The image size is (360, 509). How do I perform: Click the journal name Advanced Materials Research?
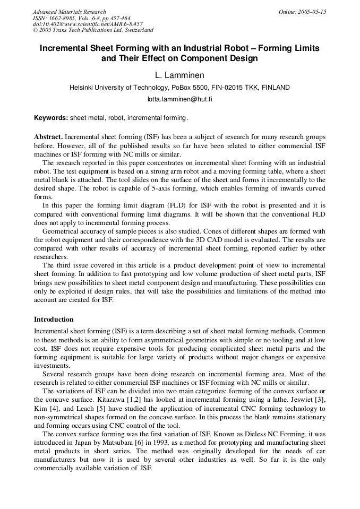(69, 12)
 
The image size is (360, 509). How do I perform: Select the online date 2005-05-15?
(303, 12)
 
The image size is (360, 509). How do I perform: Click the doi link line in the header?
(88, 24)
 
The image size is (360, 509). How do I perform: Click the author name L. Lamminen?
(179, 75)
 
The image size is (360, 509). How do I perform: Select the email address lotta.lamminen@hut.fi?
(179, 99)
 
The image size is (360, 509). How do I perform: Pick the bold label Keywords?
(51, 117)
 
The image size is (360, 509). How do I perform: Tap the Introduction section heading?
(54, 320)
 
